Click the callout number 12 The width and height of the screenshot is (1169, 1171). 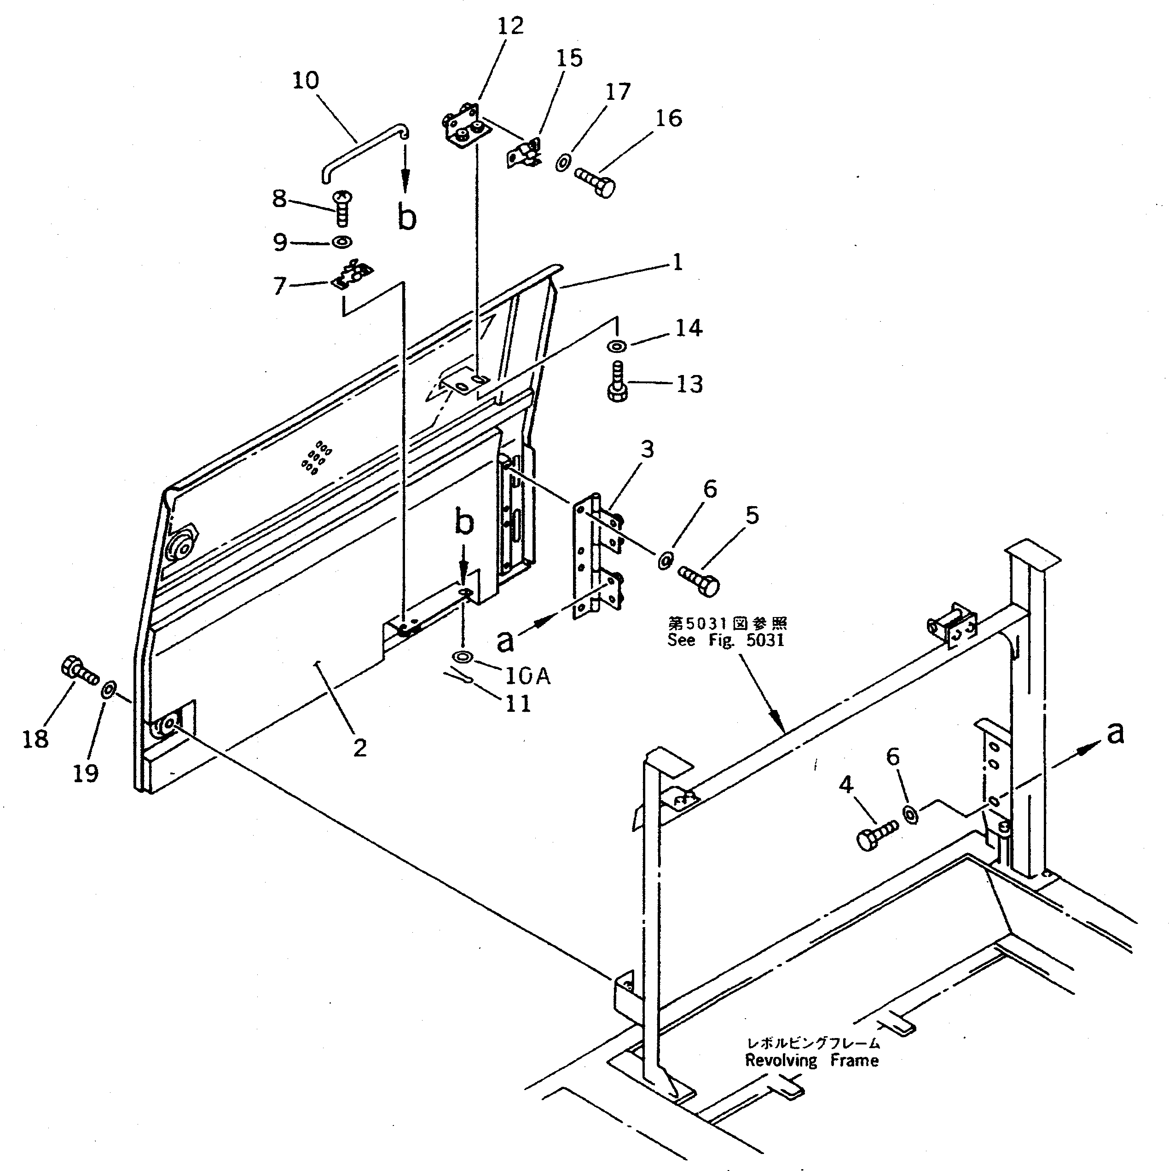pos(510,26)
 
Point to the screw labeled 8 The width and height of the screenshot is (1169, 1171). pos(343,207)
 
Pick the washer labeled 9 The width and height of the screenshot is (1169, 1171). pos(342,242)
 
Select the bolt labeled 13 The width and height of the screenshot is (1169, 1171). pos(617,382)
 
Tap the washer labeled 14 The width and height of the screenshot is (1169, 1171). pos(617,346)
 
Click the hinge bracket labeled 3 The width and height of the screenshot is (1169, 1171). pos(597,558)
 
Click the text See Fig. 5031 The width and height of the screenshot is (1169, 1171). pos(726,640)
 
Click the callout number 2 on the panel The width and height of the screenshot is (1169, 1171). pos(360,748)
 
